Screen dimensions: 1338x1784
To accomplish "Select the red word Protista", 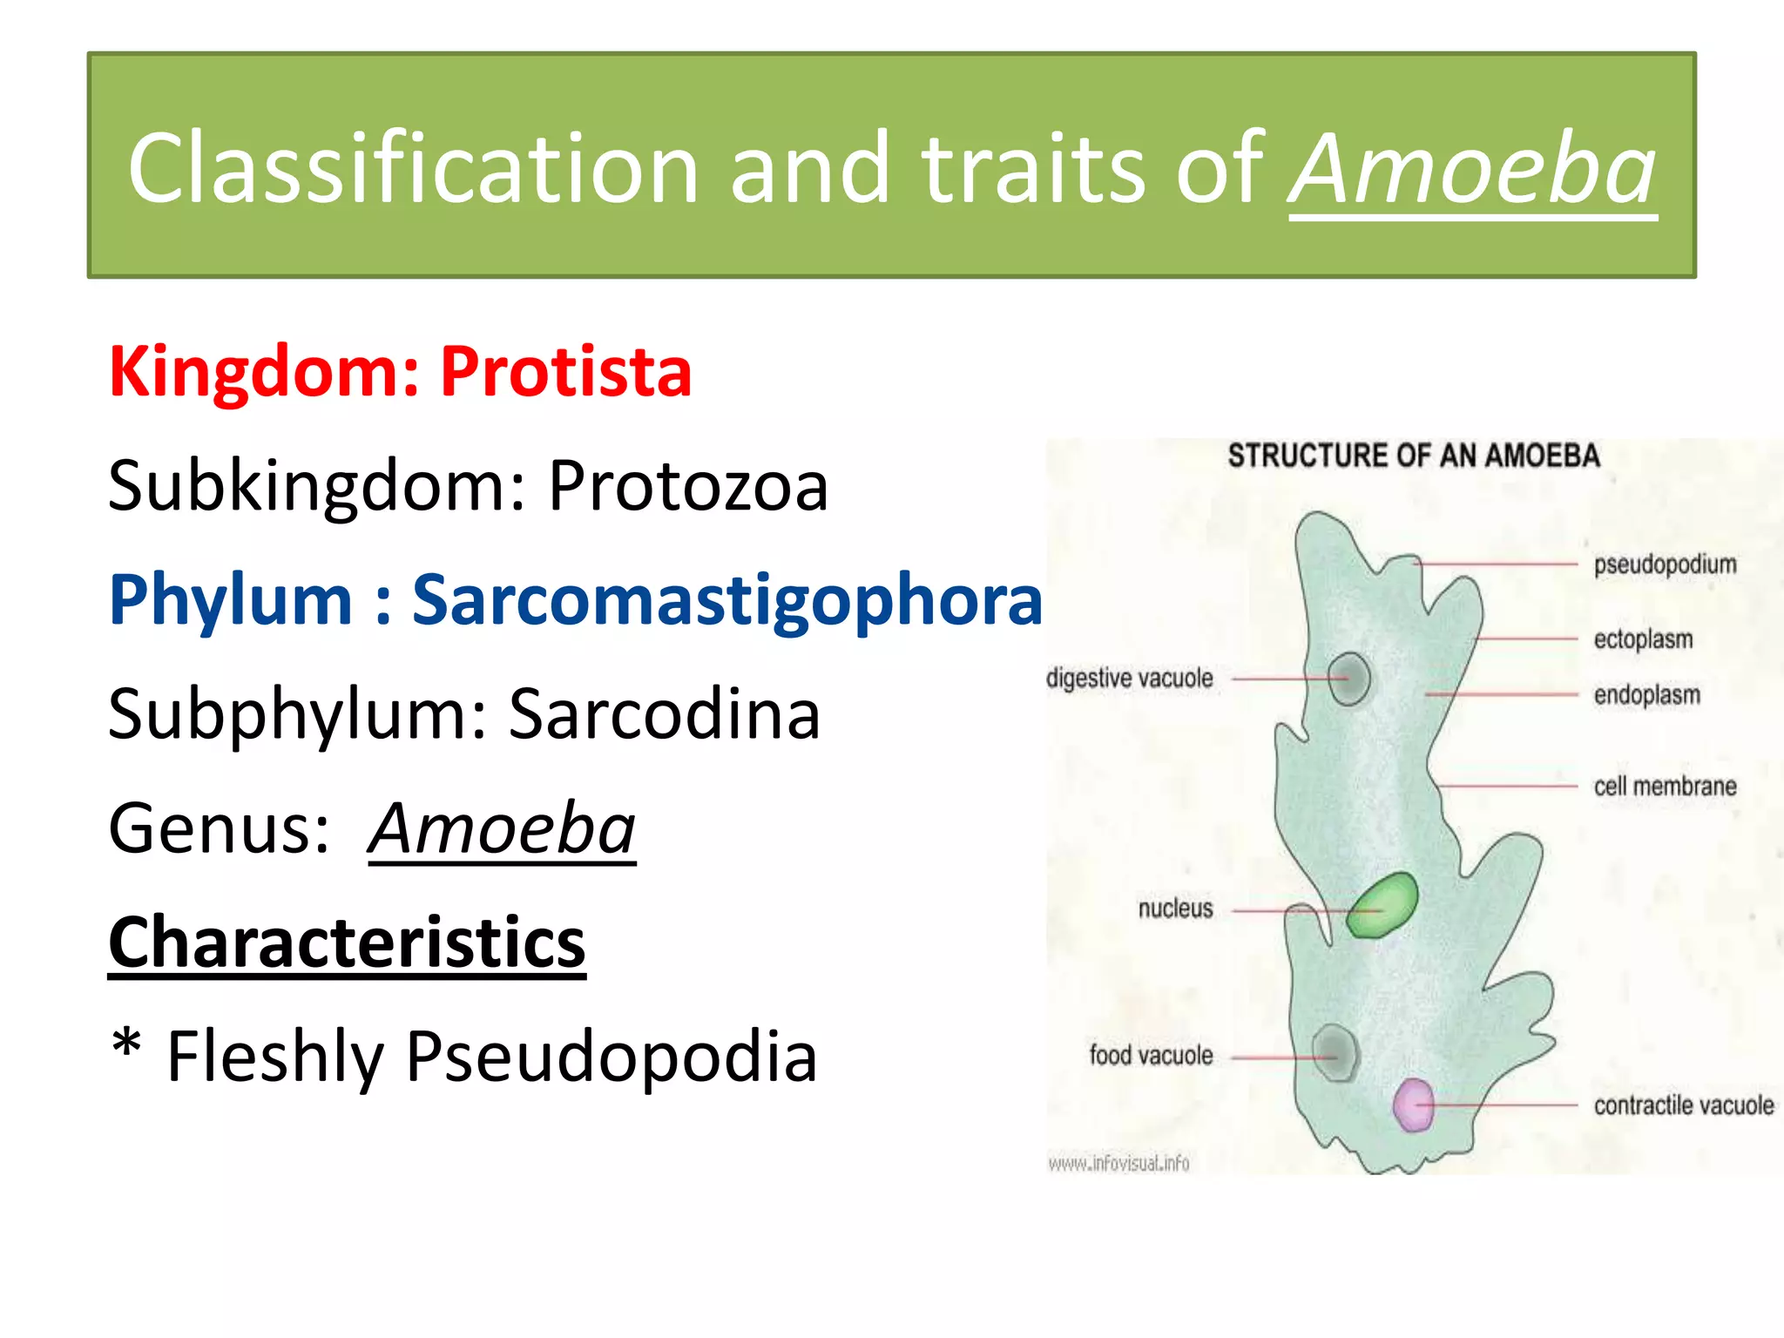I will pyautogui.click(x=565, y=372).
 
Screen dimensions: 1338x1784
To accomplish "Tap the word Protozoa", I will pyautogui.click(x=687, y=486).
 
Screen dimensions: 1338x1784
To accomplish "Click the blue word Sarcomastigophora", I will pyautogui.click(x=726, y=600).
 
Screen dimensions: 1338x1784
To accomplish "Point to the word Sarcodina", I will pyautogui.click(x=664, y=714).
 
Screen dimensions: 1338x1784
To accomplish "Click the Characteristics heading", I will pyautogui.click(x=347, y=943).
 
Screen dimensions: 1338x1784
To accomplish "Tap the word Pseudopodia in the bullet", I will pyautogui.click(x=611, y=1057).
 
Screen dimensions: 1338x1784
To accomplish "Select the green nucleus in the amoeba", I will pyautogui.click(x=1382, y=905).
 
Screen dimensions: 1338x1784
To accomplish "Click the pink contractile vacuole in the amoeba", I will pyautogui.click(x=1413, y=1105).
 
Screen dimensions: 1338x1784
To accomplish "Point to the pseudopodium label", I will pyautogui.click(x=1665, y=564).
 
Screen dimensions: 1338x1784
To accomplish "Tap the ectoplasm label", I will pyautogui.click(x=1643, y=639).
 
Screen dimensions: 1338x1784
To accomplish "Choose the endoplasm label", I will pyautogui.click(x=1646, y=695).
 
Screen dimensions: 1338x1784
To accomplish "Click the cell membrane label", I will pyautogui.click(x=1665, y=787).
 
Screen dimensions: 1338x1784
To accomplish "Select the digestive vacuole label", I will pyautogui.click(x=1129, y=678).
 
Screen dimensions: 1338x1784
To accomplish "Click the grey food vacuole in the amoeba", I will pyautogui.click(x=1335, y=1052).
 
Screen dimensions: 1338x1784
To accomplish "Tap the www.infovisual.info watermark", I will pyautogui.click(x=1118, y=1164).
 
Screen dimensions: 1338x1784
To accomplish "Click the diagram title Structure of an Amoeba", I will pyautogui.click(x=1413, y=456).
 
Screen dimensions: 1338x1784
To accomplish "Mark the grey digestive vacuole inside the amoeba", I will pyautogui.click(x=1349, y=679).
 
